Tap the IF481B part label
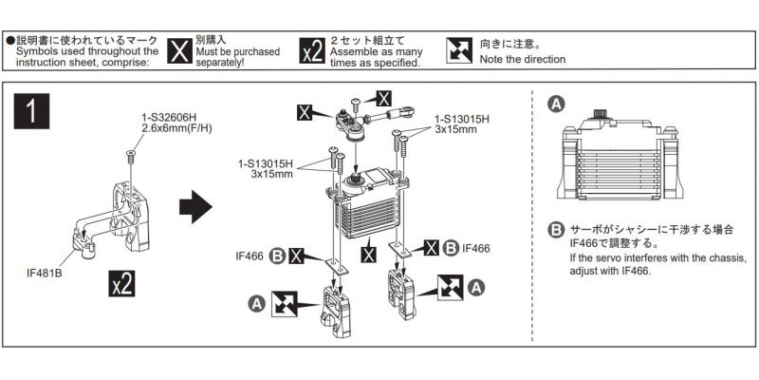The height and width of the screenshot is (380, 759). [x=46, y=272]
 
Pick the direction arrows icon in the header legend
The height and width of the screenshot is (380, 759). [x=459, y=51]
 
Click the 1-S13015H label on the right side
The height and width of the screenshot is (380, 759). [x=462, y=123]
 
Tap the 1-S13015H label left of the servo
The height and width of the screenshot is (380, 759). [x=269, y=169]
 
